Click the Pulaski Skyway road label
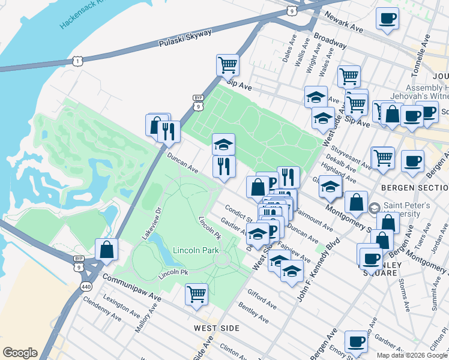185,39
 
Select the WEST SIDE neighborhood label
217,328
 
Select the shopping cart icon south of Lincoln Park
196,294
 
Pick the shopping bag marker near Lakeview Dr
106,250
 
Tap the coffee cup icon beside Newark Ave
387,17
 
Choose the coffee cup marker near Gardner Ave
356,341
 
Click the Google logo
20,353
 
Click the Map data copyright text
411,355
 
